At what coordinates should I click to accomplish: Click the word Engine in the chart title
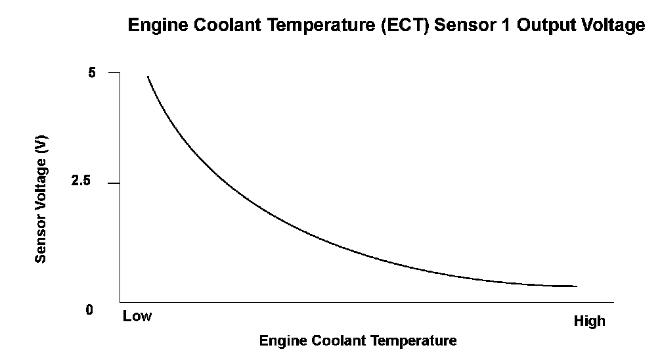(154, 26)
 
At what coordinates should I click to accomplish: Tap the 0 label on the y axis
(90, 310)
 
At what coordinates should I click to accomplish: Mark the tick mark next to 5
(114, 73)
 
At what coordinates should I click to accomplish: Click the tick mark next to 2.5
(114, 183)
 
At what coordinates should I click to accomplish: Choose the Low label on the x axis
(137, 317)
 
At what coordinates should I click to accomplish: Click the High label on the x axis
(589, 321)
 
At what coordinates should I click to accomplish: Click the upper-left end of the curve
(148, 77)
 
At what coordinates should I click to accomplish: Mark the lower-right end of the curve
(576, 286)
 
